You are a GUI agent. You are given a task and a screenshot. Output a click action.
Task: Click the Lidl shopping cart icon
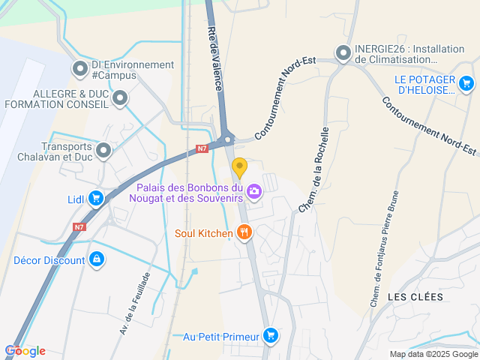tap(95, 199)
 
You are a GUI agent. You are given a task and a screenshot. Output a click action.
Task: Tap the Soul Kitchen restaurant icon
tap(243, 233)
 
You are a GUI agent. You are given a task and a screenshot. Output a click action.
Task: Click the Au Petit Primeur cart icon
tap(271, 336)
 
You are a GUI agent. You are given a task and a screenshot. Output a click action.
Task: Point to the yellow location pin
tap(239, 167)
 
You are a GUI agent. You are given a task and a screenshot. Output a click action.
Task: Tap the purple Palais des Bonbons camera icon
tap(254, 192)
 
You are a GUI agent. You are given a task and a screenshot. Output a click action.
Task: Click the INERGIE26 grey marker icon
tap(343, 53)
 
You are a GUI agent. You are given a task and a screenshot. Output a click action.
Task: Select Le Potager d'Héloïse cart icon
tap(466, 83)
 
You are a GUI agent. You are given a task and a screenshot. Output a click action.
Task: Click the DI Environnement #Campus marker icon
tap(79, 70)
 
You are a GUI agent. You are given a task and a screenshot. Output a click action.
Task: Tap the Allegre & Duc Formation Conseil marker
tap(120, 98)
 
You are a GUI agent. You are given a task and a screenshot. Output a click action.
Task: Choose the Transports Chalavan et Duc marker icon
tap(103, 151)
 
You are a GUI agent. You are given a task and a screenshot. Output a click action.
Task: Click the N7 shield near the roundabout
tap(202, 148)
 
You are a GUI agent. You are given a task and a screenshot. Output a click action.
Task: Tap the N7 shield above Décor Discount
tap(79, 226)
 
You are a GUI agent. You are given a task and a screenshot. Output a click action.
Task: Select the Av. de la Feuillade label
tap(136, 303)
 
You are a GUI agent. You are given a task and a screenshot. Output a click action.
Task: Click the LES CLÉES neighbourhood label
tap(415, 297)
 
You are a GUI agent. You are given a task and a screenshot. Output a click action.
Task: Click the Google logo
tap(25, 351)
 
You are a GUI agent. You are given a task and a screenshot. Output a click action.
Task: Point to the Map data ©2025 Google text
tap(433, 354)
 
